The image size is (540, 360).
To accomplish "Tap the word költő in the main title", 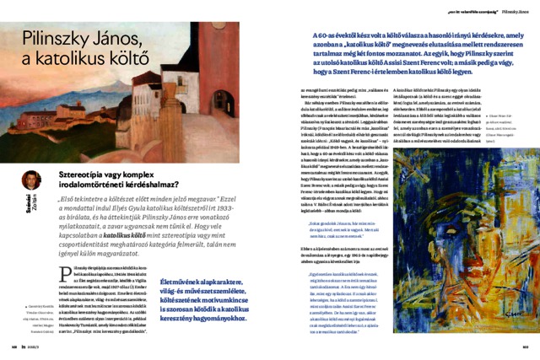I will coord(126,57).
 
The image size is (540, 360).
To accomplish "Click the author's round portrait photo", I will coord(32,180).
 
